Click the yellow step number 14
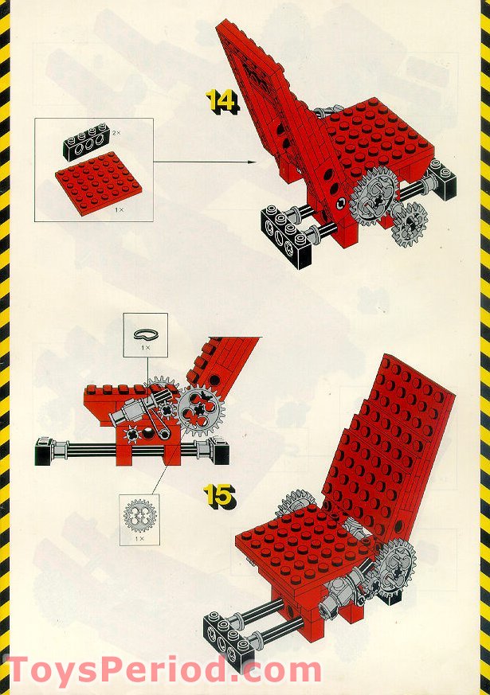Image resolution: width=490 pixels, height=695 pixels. pyautogui.click(x=221, y=100)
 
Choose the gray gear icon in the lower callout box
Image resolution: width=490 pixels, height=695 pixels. pyautogui.click(x=139, y=515)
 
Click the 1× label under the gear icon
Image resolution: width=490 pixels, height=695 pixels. pyautogui.click(x=139, y=538)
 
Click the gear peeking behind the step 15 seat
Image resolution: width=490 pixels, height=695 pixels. pyautogui.click(x=295, y=503)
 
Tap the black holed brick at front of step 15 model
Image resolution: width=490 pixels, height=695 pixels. pyautogui.click(x=224, y=637)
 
